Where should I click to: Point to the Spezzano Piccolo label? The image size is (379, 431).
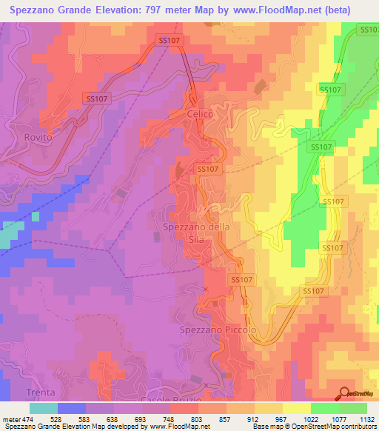[x=218, y=329]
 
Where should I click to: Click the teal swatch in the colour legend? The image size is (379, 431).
[x=44, y=408]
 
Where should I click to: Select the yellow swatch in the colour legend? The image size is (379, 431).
[x=296, y=408]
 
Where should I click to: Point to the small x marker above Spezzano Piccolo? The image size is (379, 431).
[x=206, y=289]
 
